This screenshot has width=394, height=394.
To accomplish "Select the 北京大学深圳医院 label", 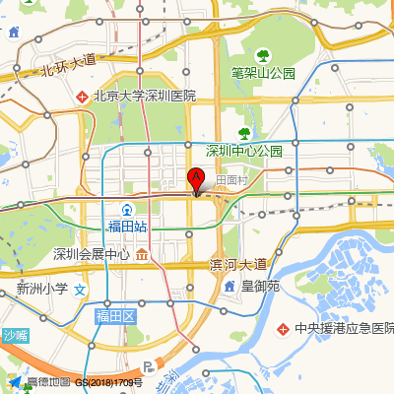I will (x=145, y=97).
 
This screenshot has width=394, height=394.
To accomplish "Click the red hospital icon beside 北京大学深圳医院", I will (x=84, y=97).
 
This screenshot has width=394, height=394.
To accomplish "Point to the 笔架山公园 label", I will (x=263, y=73).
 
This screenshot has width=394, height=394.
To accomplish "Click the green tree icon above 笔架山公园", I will (x=263, y=55).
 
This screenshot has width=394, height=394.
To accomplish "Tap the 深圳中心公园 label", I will (x=243, y=151).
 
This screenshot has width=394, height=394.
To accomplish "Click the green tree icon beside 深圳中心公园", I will (x=244, y=134).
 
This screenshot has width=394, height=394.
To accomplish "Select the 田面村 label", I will (x=230, y=180).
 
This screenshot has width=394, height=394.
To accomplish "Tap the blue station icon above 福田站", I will (x=127, y=210).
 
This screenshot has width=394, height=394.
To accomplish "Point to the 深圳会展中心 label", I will (x=92, y=254).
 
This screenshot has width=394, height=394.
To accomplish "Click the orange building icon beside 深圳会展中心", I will (x=143, y=254).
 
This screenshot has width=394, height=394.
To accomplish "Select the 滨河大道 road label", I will (x=237, y=264).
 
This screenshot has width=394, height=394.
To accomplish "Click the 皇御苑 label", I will (x=261, y=286).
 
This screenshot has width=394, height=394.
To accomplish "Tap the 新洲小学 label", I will (x=42, y=290).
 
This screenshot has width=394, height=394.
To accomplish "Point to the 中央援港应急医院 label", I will (x=345, y=328).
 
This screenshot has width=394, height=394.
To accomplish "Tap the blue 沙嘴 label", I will (x=16, y=336).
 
